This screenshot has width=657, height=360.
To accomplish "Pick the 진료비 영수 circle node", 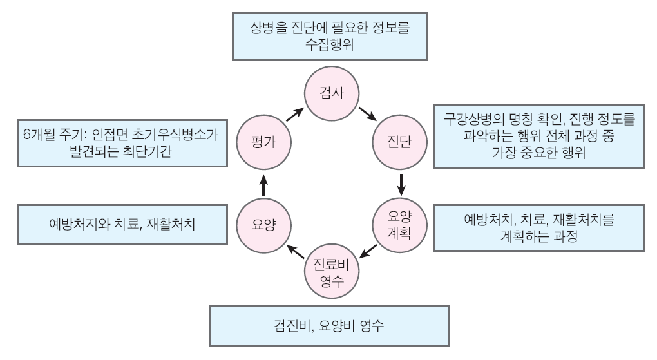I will (x=330, y=273).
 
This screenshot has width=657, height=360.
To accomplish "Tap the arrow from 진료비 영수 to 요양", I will (x=295, y=251).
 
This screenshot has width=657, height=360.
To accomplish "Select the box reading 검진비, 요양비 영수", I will (x=328, y=327).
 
